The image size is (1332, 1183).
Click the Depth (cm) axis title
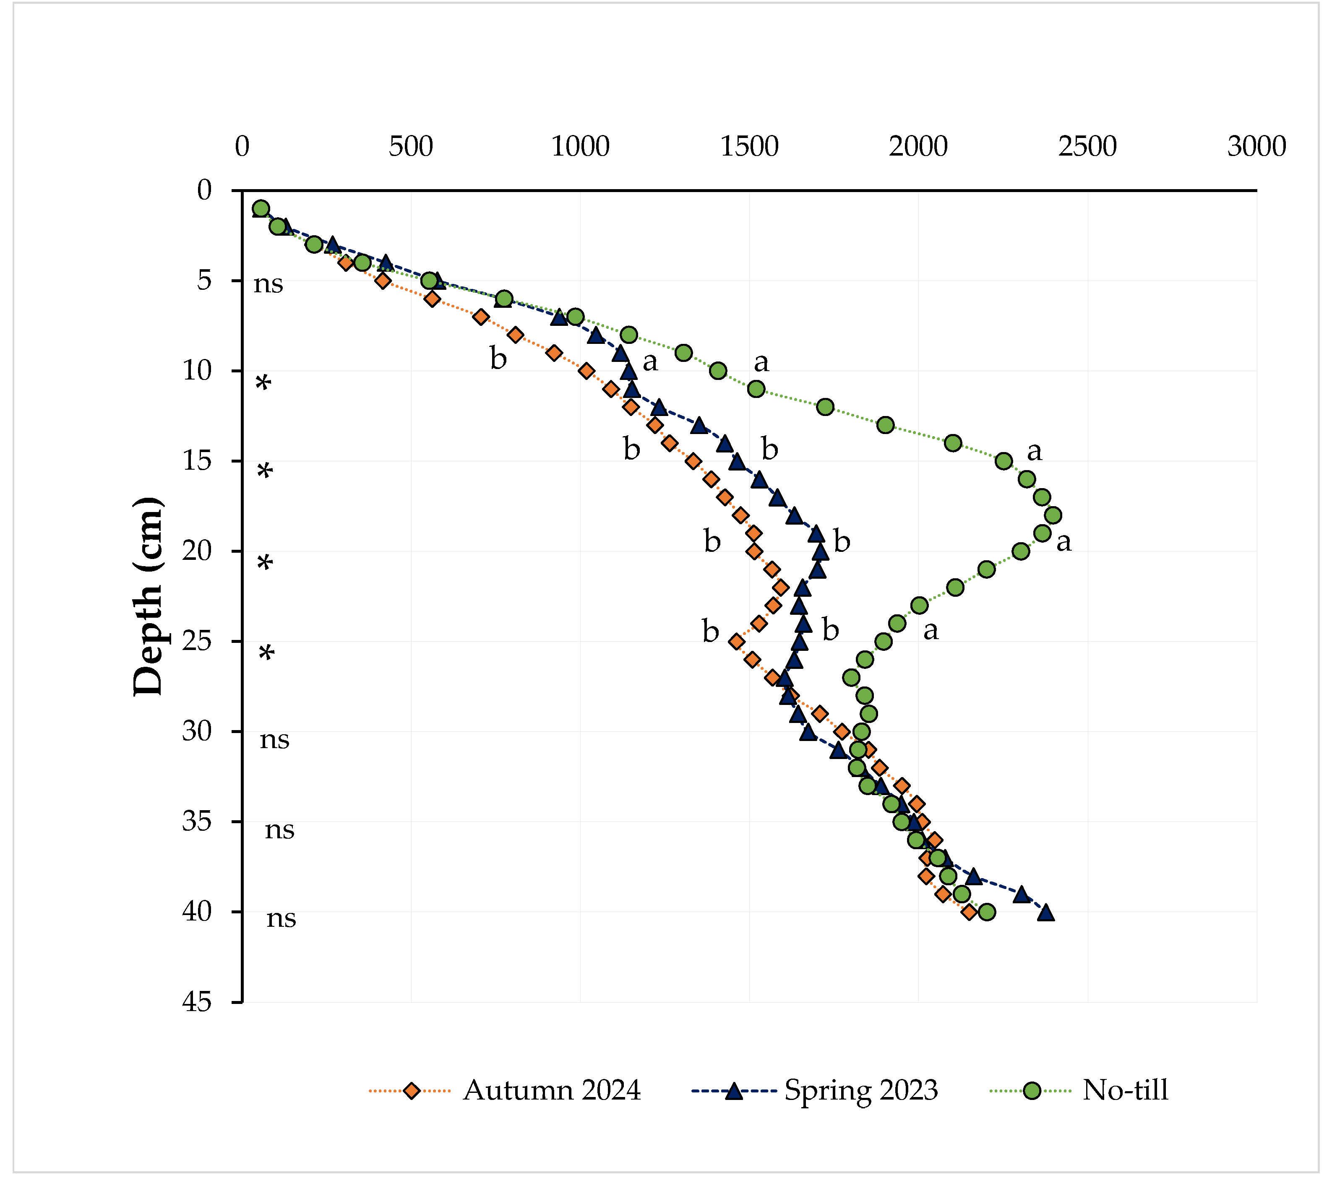[148, 596]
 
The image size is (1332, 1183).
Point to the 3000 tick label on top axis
[1256, 147]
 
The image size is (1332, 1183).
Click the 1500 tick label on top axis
[749, 147]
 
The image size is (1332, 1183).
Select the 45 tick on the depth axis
[197, 1002]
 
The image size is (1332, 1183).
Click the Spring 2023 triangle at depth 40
[1046, 912]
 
